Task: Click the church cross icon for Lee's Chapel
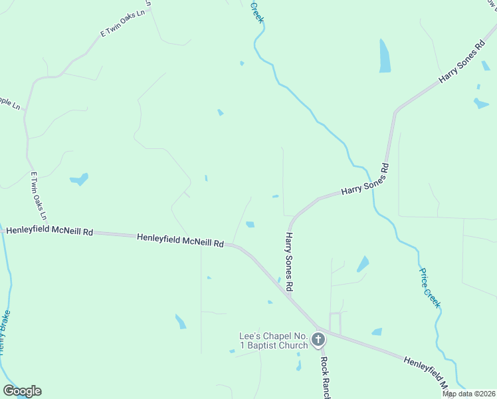pyautogui.click(x=318, y=340)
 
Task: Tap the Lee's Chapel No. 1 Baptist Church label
pyautogui.click(x=274, y=340)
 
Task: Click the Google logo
pyautogui.click(x=22, y=391)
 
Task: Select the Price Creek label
pyautogui.click(x=429, y=287)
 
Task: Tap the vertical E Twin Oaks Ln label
pyautogui.click(x=39, y=196)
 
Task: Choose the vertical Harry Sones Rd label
pyautogui.click(x=289, y=262)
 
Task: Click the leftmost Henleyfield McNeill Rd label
pyautogui.click(x=49, y=231)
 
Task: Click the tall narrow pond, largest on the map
pyautogui.click(x=384, y=56)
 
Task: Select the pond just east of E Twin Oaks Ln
pyautogui.click(x=79, y=179)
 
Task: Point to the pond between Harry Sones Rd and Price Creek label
pyautogui.click(x=363, y=263)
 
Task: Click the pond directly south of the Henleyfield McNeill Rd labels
pyautogui.click(x=180, y=321)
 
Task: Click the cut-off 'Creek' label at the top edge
pyautogui.click(x=257, y=12)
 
